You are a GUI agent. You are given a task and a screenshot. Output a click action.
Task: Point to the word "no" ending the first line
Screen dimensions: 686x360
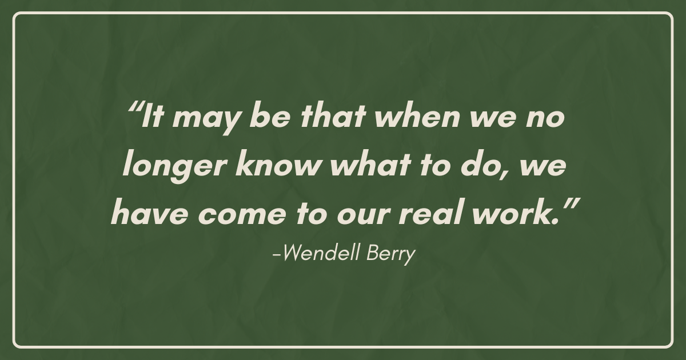tap(545, 118)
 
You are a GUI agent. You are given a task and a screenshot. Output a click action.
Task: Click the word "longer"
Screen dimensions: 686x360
tap(174, 167)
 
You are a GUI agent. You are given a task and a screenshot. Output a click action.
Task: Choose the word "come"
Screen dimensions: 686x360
tap(242, 215)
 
